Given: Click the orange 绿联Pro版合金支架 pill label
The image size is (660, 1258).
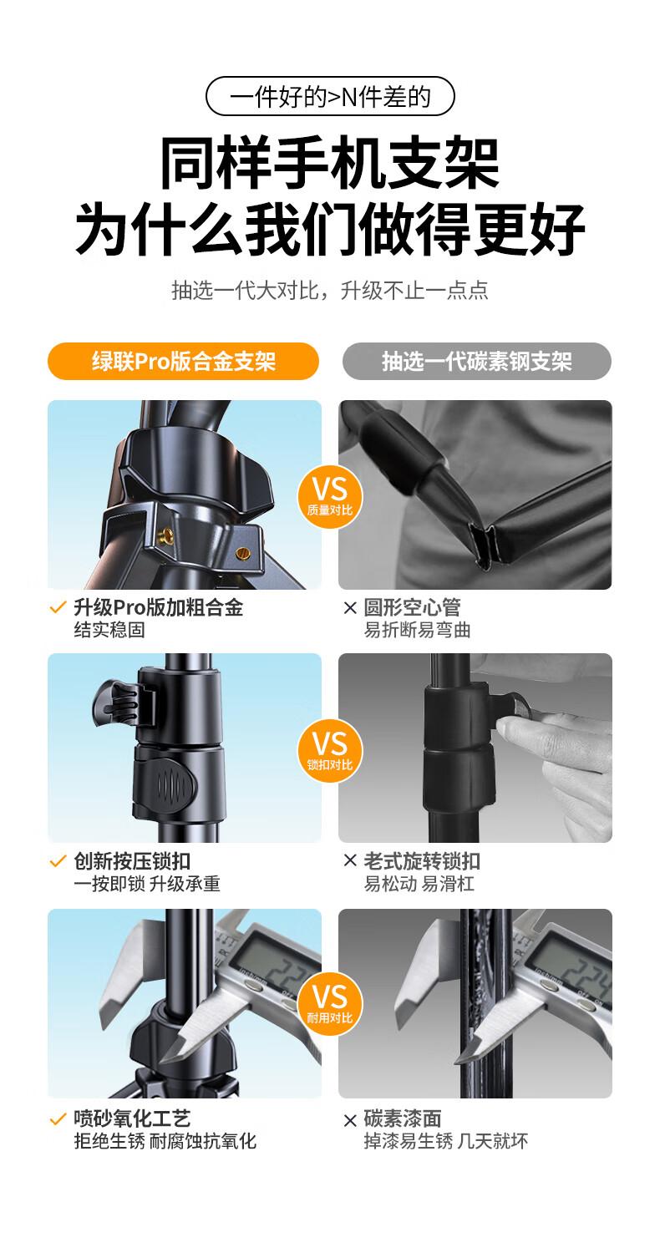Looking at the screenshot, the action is point(183,361).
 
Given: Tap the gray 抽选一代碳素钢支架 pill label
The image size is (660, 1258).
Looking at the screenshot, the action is point(477,361).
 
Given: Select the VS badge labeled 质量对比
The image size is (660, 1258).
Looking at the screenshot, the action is point(330,497).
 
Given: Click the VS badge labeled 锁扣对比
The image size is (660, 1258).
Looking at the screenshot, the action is point(330,751).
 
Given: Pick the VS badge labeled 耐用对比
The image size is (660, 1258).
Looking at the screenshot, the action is point(330,1005).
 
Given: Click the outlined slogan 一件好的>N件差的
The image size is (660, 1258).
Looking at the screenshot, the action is point(330,97).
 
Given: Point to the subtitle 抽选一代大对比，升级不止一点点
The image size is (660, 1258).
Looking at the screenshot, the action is point(330,291).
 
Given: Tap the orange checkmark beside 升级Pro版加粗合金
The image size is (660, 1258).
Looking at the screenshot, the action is point(58,607).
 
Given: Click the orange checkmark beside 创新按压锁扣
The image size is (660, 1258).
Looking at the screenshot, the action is point(58,861).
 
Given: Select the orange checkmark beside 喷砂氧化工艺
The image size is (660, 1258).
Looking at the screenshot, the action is point(58,1120).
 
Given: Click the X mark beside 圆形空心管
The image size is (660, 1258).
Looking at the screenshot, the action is point(350,607).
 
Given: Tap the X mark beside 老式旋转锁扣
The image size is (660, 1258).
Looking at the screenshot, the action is point(350,860).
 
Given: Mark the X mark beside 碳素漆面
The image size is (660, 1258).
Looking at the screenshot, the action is point(350,1120).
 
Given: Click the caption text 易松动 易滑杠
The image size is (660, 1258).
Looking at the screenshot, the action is point(419,884).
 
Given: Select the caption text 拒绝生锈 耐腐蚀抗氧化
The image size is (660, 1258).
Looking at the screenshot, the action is point(165,1141).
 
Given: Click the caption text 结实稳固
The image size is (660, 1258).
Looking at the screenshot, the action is point(109,630).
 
